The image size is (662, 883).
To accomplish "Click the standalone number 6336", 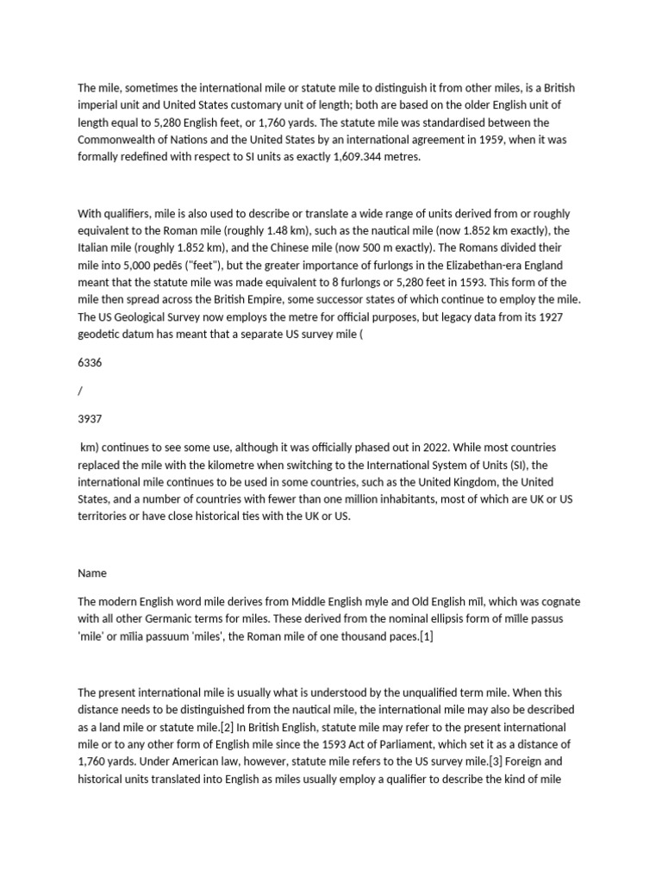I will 90,363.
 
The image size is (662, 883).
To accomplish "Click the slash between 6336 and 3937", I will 80,391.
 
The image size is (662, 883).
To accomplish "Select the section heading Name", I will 91,573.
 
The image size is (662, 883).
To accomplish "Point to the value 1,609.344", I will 359,158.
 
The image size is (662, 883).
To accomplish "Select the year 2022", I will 443,448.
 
